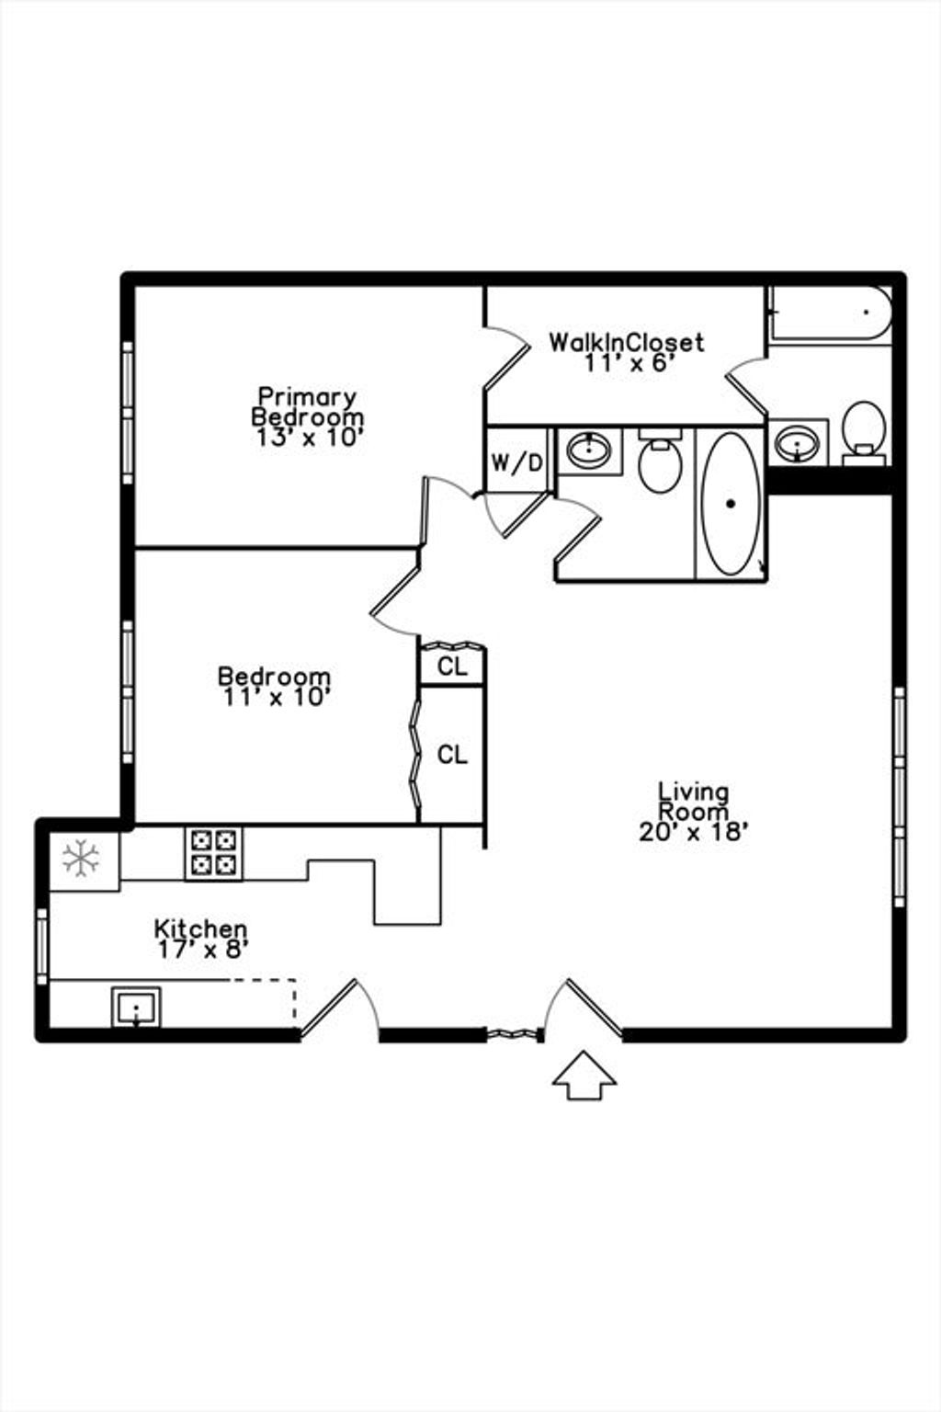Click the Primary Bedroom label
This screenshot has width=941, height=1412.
click(308, 406)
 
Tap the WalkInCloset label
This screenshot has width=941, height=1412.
click(626, 342)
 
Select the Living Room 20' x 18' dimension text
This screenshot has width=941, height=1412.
click(694, 832)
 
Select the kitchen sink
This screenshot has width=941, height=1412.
click(136, 1007)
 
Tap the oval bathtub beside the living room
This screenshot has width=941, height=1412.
click(731, 503)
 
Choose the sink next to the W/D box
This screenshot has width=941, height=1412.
click(589, 450)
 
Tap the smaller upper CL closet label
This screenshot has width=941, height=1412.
click(452, 666)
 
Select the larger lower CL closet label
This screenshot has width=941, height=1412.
click(452, 755)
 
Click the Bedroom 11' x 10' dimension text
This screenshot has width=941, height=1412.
click(276, 697)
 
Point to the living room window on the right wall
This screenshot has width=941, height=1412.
click(900, 797)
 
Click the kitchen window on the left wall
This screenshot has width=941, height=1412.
click(41, 946)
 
